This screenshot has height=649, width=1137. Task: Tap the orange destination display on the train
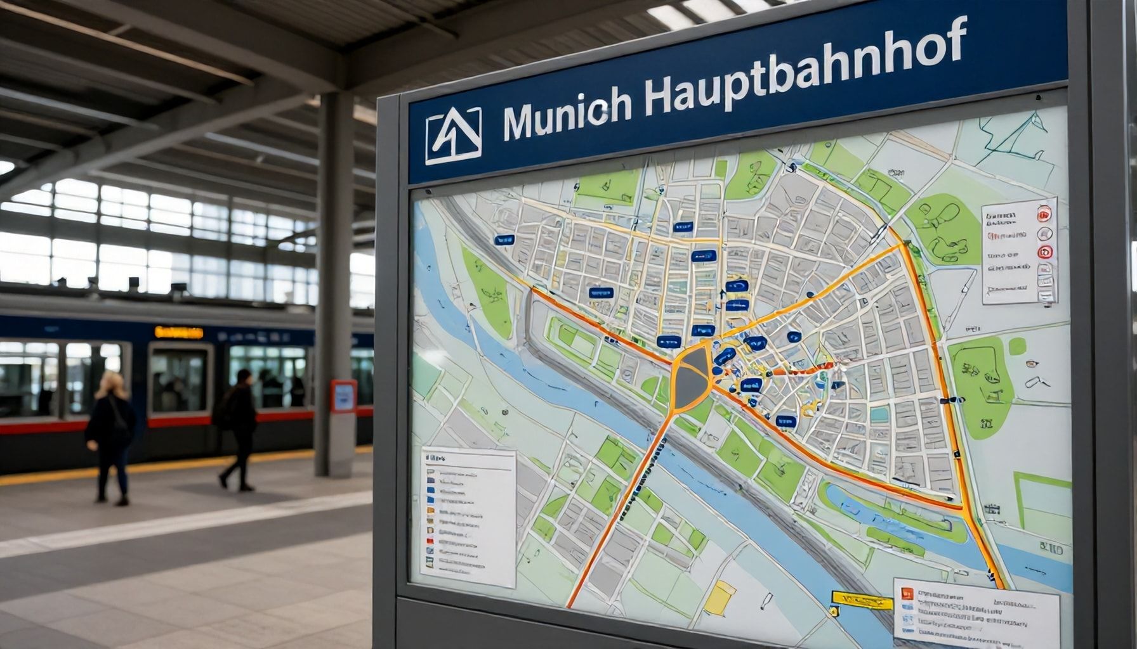pos(179,333)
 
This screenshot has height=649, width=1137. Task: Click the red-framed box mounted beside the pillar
pos(343,396)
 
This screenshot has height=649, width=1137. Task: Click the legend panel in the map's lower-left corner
pos(468,517)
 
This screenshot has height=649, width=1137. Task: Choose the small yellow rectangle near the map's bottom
pos(720,596)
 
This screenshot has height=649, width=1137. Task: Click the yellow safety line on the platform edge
pos(159,466)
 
